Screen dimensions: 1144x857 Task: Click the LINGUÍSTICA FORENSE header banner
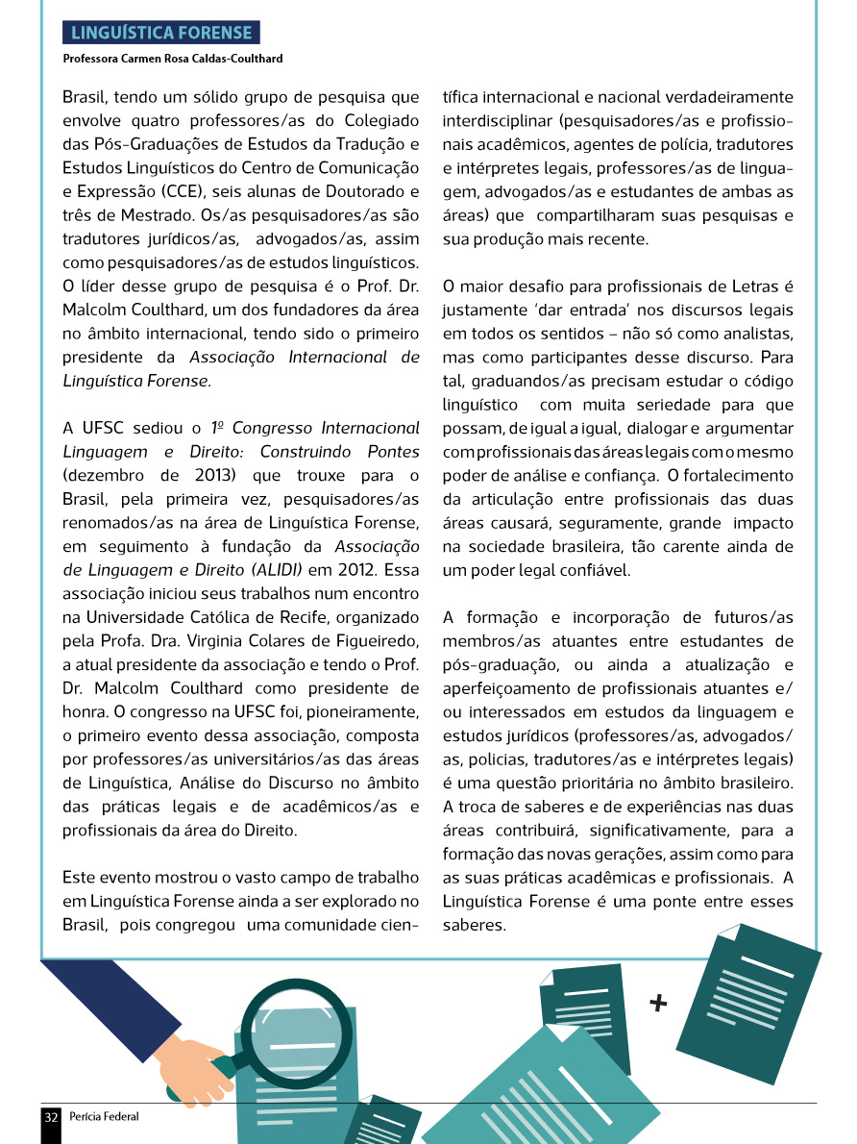tap(160, 34)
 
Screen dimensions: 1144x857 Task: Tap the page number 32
tap(51, 1116)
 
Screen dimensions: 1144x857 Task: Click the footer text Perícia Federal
tap(104, 1116)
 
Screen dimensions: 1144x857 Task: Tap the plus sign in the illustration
tap(658, 1004)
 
